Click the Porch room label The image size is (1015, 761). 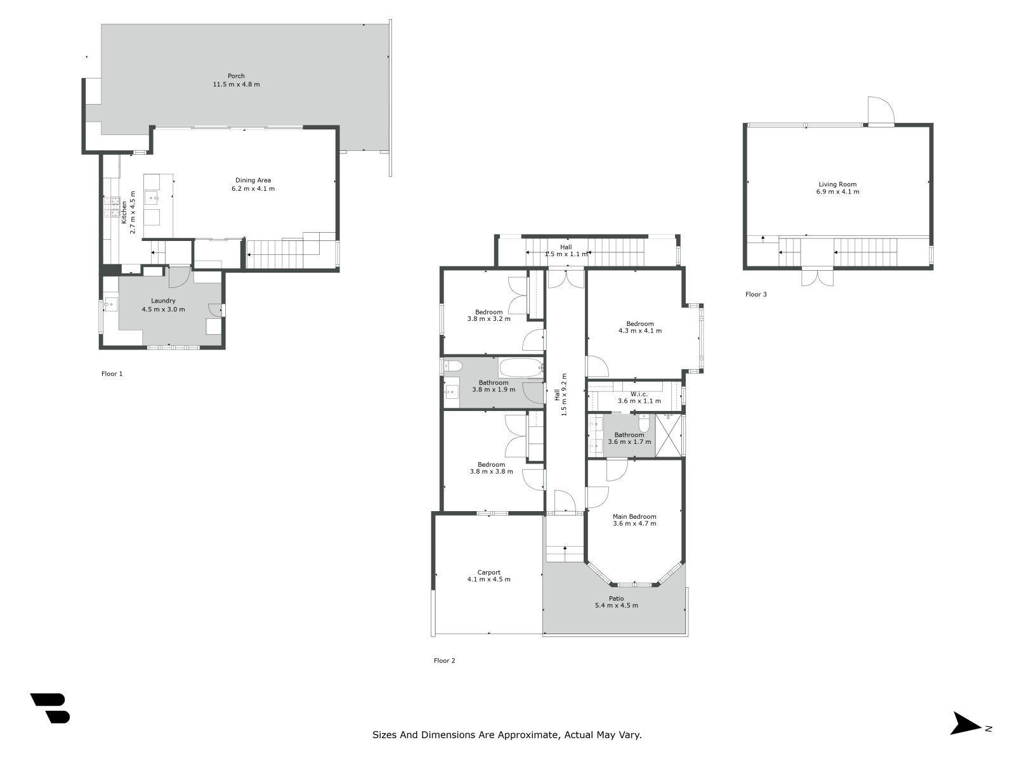(236, 76)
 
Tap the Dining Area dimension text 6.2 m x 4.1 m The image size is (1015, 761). (253, 188)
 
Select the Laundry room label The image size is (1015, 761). (163, 301)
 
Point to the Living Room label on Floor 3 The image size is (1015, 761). (837, 185)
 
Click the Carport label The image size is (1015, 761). (488, 572)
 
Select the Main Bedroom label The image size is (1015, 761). (634, 516)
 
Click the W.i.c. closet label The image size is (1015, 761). (639, 394)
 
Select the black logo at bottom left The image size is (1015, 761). (50, 708)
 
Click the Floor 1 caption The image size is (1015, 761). (112, 374)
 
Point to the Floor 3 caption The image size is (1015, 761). (756, 294)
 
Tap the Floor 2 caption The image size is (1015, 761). (444, 660)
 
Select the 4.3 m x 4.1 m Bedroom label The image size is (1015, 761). (640, 323)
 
